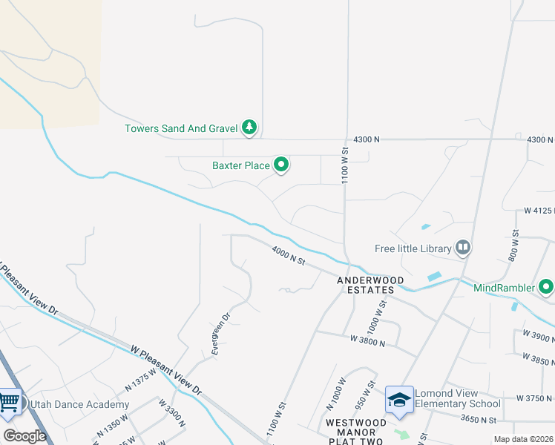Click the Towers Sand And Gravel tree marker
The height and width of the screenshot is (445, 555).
pos(250,128)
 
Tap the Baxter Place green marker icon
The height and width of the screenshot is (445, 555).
pos(281,165)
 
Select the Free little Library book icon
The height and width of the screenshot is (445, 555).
pos(463,247)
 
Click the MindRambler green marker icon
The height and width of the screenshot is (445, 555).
pos(546,286)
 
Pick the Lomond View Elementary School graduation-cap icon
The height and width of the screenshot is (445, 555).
pos(399,400)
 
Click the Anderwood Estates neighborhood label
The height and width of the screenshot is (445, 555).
pos(365,286)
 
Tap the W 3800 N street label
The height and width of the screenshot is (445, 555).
pos(368,341)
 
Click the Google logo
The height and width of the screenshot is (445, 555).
pos(24,436)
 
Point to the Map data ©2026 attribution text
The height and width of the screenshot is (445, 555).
pos(523,439)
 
